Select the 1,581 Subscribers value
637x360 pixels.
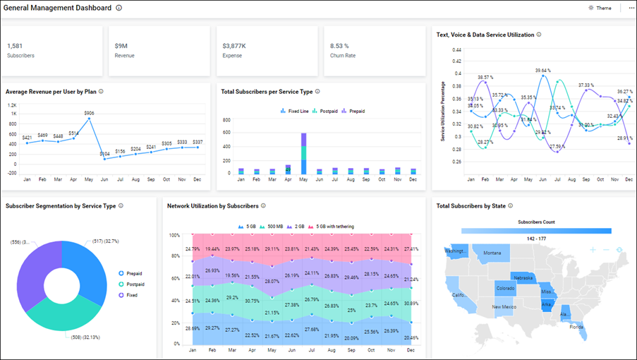(x=15, y=46)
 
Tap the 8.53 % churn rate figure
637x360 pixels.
(x=339, y=46)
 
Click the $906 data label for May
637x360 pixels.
(x=89, y=113)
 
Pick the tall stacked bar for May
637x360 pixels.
(x=304, y=153)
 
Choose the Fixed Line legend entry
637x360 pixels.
(x=297, y=111)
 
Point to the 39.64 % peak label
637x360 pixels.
(x=542, y=71)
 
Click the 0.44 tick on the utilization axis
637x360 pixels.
(x=456, y=50)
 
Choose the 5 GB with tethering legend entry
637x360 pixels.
(x=334, y=226)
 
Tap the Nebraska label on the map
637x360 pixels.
(x=523, y=278)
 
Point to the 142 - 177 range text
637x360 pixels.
(x=536, y=239)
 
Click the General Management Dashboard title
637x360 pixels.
(x=57, y=8)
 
